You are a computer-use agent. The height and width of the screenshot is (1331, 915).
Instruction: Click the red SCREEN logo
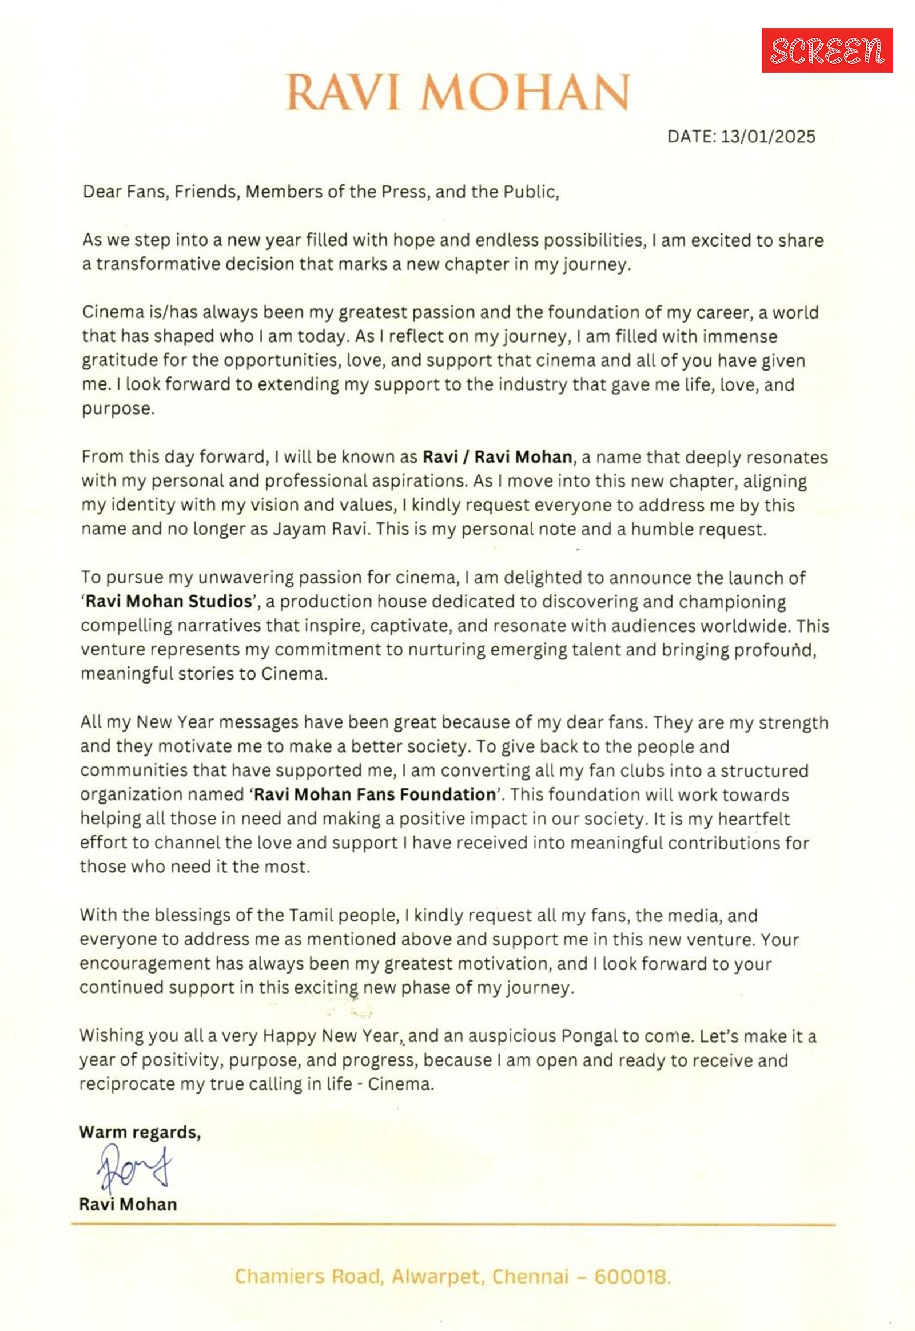827,50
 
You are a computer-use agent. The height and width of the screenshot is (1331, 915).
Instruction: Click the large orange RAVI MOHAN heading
457,92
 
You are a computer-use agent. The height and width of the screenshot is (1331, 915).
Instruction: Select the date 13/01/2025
767,137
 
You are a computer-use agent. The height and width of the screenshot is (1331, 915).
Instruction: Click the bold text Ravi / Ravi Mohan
497,457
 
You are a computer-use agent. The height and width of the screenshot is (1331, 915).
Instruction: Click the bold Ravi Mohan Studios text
169,601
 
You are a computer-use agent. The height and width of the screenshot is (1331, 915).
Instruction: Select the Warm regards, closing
140,1132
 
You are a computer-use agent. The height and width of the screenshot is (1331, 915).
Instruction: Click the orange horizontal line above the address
453,1225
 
